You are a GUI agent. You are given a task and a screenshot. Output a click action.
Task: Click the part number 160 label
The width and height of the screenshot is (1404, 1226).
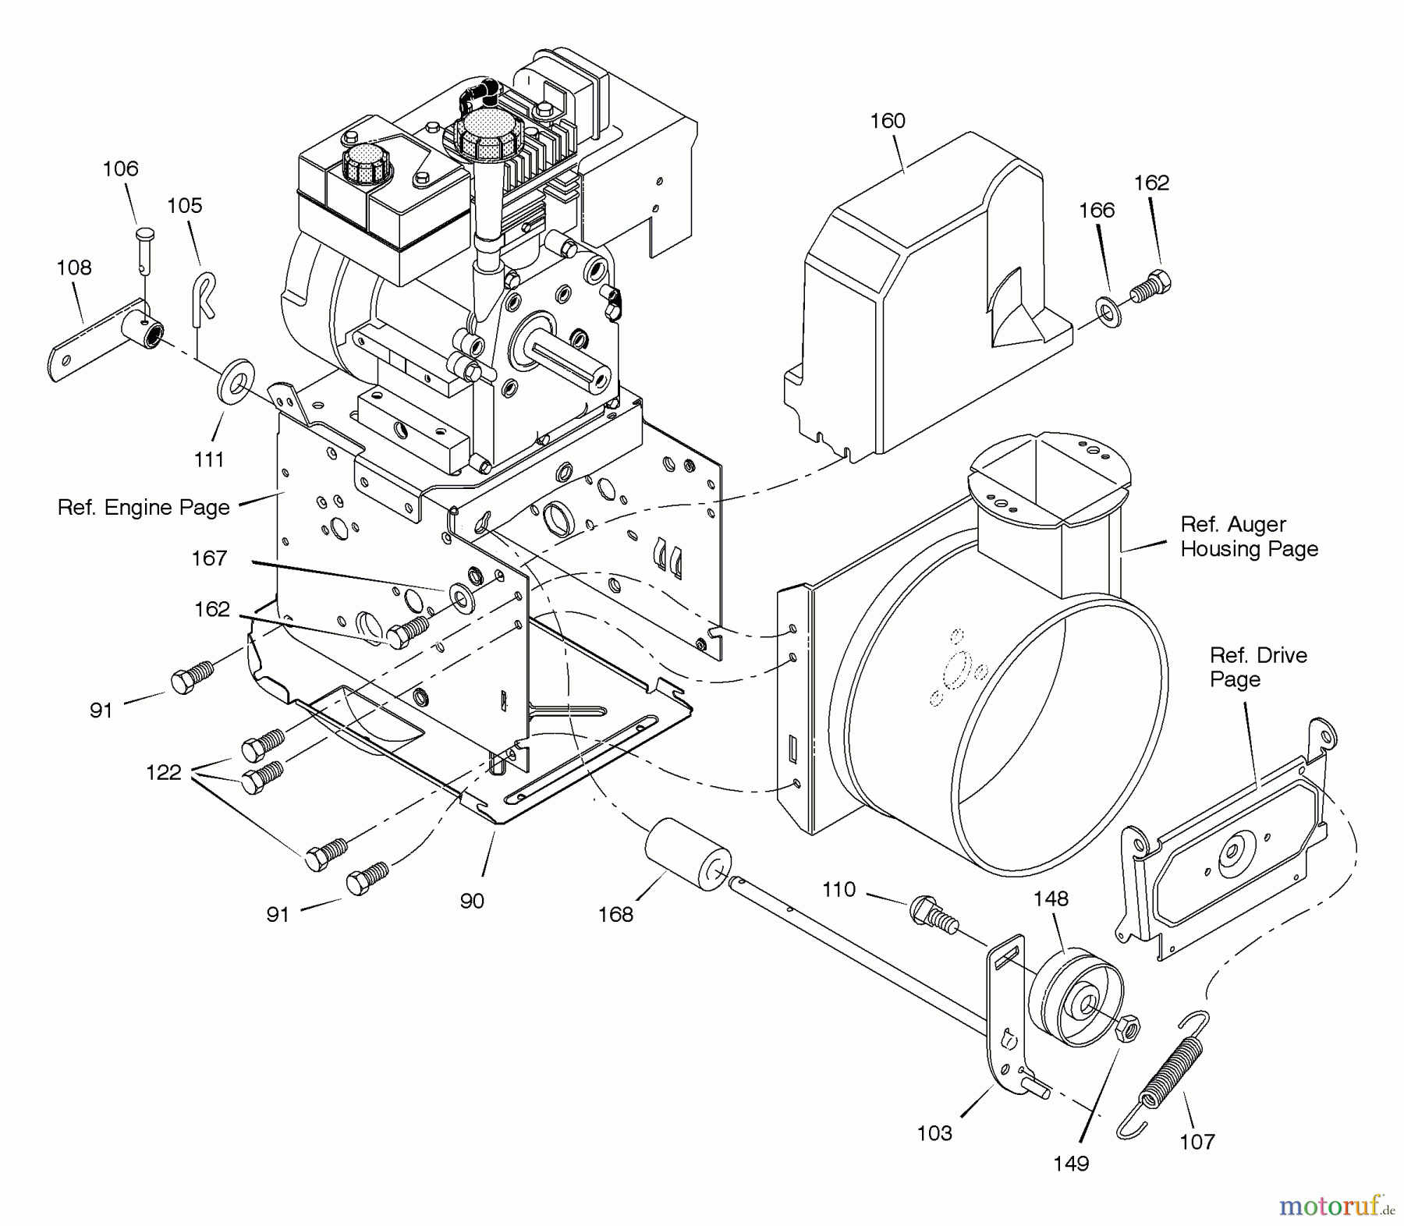887,121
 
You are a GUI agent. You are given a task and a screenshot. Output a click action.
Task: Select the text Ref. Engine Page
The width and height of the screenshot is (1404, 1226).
144,508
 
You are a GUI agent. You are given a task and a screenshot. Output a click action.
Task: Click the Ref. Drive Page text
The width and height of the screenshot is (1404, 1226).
1257,667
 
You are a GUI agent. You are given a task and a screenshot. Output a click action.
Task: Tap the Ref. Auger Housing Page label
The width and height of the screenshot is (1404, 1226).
1248,537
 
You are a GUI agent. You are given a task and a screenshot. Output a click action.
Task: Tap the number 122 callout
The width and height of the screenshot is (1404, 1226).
163,772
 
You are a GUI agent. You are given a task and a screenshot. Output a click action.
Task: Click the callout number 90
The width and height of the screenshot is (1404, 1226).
472,901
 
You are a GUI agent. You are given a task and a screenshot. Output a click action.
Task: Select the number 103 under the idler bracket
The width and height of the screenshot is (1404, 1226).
934,1133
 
